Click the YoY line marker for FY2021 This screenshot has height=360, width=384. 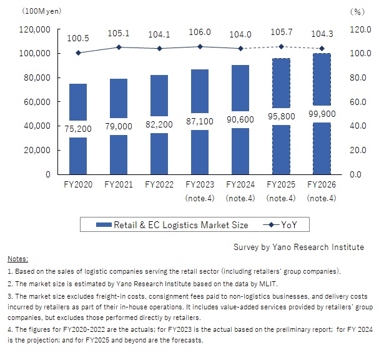click(119, 47)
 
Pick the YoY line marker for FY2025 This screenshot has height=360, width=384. click(281, 46)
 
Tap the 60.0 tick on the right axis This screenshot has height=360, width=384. click(357, 102)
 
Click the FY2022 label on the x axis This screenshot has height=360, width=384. click(159, 185)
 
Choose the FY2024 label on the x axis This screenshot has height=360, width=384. click(240, 185)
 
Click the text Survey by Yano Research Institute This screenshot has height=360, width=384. click(298, 247)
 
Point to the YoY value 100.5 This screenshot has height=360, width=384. click(78, 38)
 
